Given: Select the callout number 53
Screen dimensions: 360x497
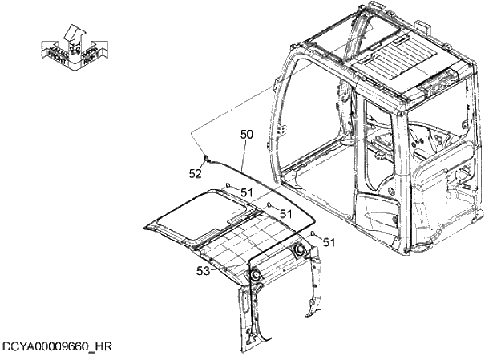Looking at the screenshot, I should pyautogui.click(x=204, y=271).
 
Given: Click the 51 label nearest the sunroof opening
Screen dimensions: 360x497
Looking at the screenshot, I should pyautogui.click(x=247, y=192).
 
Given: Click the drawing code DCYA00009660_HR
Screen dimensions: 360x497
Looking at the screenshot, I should pyautogui.click(x=56, y=346).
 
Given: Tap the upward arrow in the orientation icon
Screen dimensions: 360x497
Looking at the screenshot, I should pyautogui.click(x=75, y=34).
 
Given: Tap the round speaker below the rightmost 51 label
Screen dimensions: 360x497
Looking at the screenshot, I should pyautogui.click(x=301, y=252).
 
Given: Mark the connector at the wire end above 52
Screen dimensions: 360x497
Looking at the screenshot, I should pyautogui.click(x=207, y=159).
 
